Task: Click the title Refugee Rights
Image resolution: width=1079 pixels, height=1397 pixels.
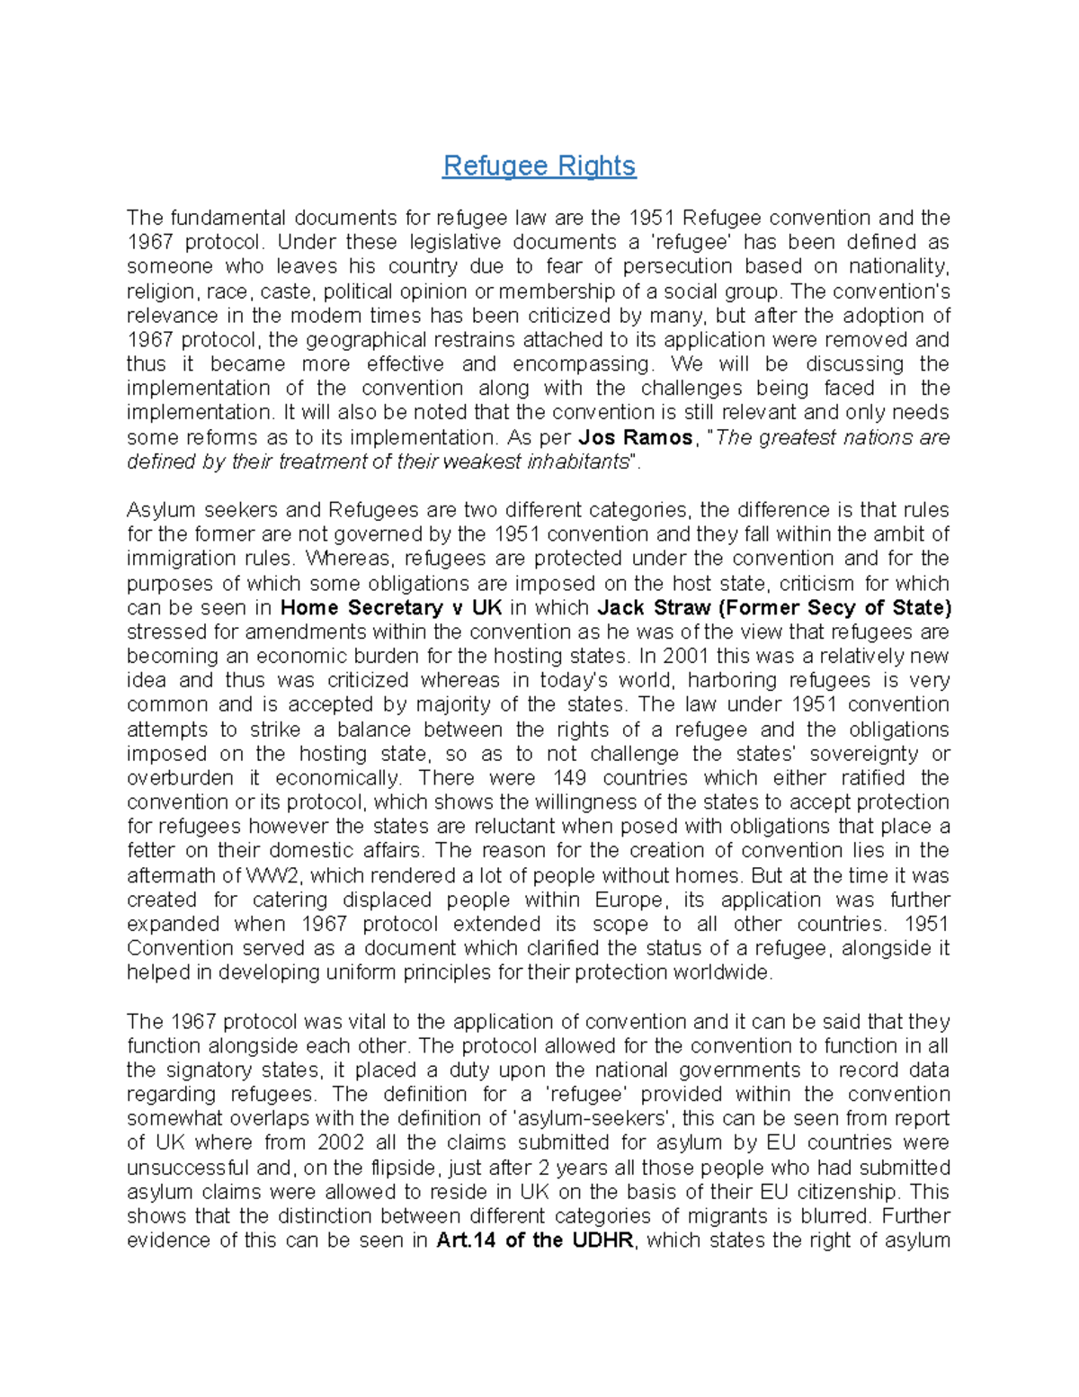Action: [x=539, y=166]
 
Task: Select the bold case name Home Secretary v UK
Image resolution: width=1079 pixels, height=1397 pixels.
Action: [x=391, y=607]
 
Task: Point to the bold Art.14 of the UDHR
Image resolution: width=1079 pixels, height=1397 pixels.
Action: [x=535, y=1241]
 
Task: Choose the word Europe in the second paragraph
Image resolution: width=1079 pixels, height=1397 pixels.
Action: [x=629, y=900]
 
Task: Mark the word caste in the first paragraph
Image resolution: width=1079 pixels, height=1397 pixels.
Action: [x=284, y=291]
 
